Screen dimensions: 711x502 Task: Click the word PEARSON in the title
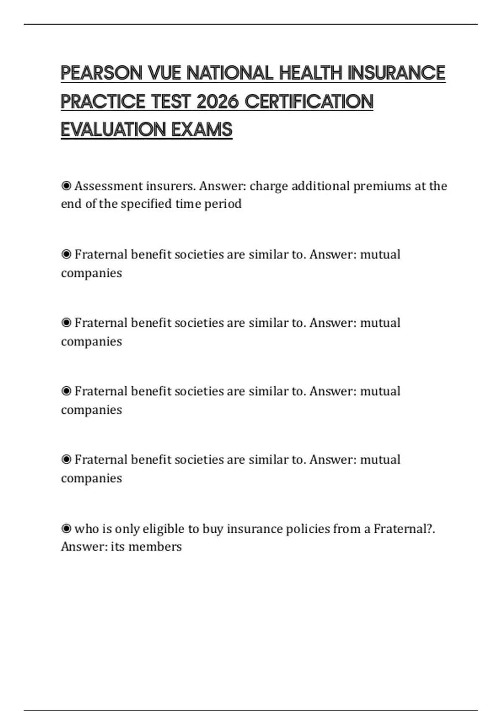(x=102, y=73)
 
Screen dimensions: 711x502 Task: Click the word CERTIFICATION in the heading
(x=309, y=101)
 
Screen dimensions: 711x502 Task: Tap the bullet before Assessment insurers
(x=66, y=186)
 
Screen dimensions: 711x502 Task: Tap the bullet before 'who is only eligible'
(x=66, y=529)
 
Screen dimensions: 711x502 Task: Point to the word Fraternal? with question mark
(x=404, y=529)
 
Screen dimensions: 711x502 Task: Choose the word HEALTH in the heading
(x=310, y=73)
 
